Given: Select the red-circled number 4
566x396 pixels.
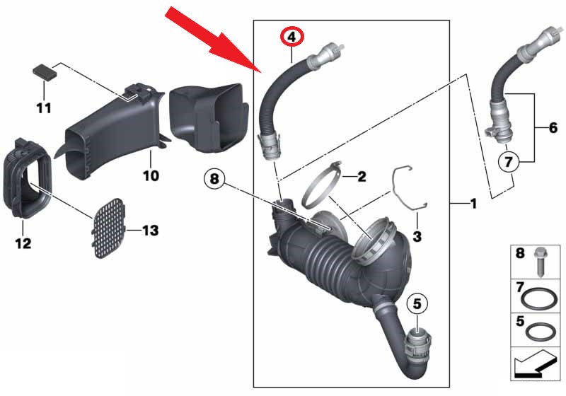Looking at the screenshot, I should tap(291, 35).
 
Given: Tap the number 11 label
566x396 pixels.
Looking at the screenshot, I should tap(44, 108).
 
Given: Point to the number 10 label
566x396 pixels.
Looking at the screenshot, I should tap(152, 174).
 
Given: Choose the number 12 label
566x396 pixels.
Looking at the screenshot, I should tap(23, 244).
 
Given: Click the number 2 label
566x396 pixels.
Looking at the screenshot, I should tap(361, 176).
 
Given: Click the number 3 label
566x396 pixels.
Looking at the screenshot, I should tap(417, 234).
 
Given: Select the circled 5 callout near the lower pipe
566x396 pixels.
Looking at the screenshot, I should tap(417, 304).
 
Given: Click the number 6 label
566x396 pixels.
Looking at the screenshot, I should tap(553, 128).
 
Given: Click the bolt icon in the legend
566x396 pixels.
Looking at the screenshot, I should tap(541, 260).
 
